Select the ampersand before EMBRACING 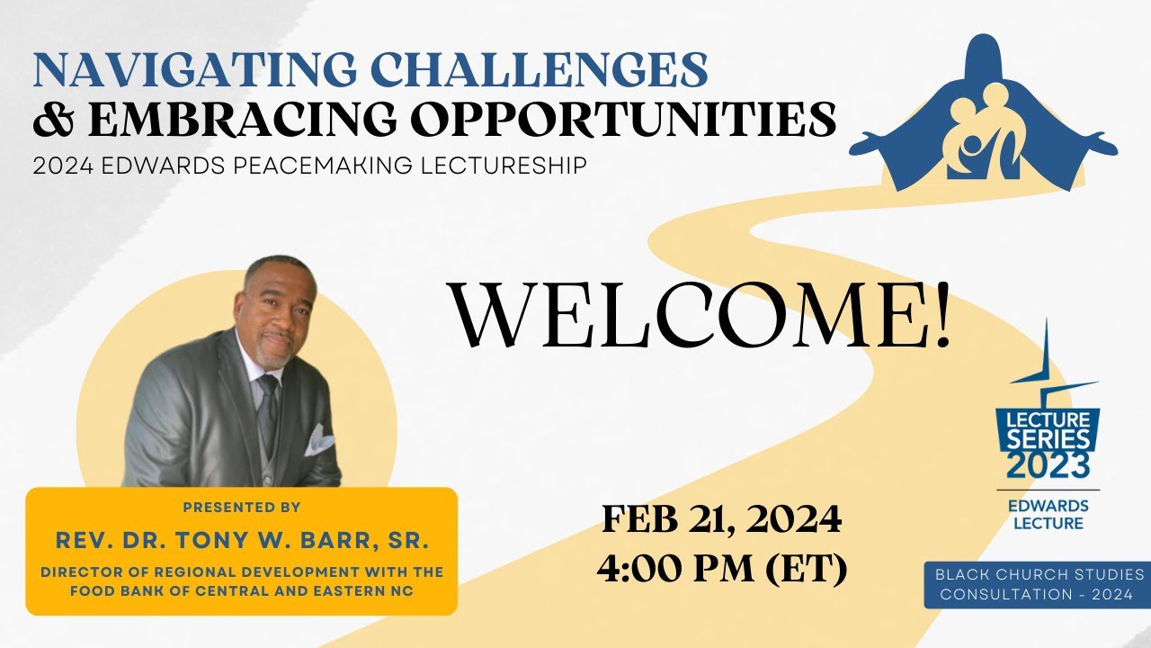coord(52,120)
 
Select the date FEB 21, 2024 coord(721,519)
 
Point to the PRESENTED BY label coord(241,508)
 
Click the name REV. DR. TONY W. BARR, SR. coord(241,541)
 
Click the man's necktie coord(268,409)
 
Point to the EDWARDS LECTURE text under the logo coord(1048,514)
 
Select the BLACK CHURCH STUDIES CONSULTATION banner coord(1038,585)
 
